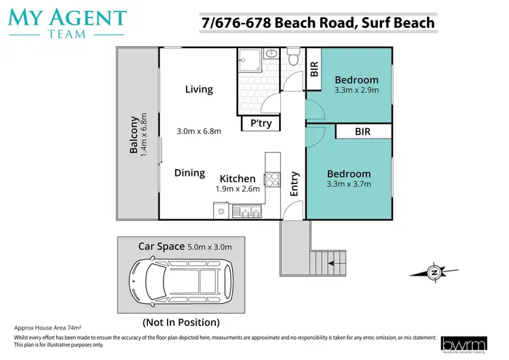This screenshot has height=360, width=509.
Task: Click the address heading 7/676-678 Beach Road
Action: pos(318,23)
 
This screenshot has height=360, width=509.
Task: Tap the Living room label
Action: pos(199,89)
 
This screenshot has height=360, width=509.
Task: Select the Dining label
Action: pos(189,173)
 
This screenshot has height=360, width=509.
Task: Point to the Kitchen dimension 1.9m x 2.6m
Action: pos(238,190)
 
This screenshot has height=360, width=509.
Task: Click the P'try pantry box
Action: pos(261,124)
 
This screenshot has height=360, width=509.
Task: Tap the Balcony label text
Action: pos(134,135)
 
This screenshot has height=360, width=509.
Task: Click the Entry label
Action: pos(295,184)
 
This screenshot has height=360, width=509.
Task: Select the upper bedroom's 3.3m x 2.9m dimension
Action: pos(356,90)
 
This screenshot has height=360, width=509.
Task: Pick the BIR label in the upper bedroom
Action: pos(314,69)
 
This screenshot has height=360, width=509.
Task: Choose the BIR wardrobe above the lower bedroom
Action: pos(362,132)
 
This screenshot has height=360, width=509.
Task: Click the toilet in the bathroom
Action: pos(293,58)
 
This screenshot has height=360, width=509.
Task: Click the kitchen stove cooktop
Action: pos(271,179)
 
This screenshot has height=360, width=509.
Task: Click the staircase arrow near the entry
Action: pos(333,258)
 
